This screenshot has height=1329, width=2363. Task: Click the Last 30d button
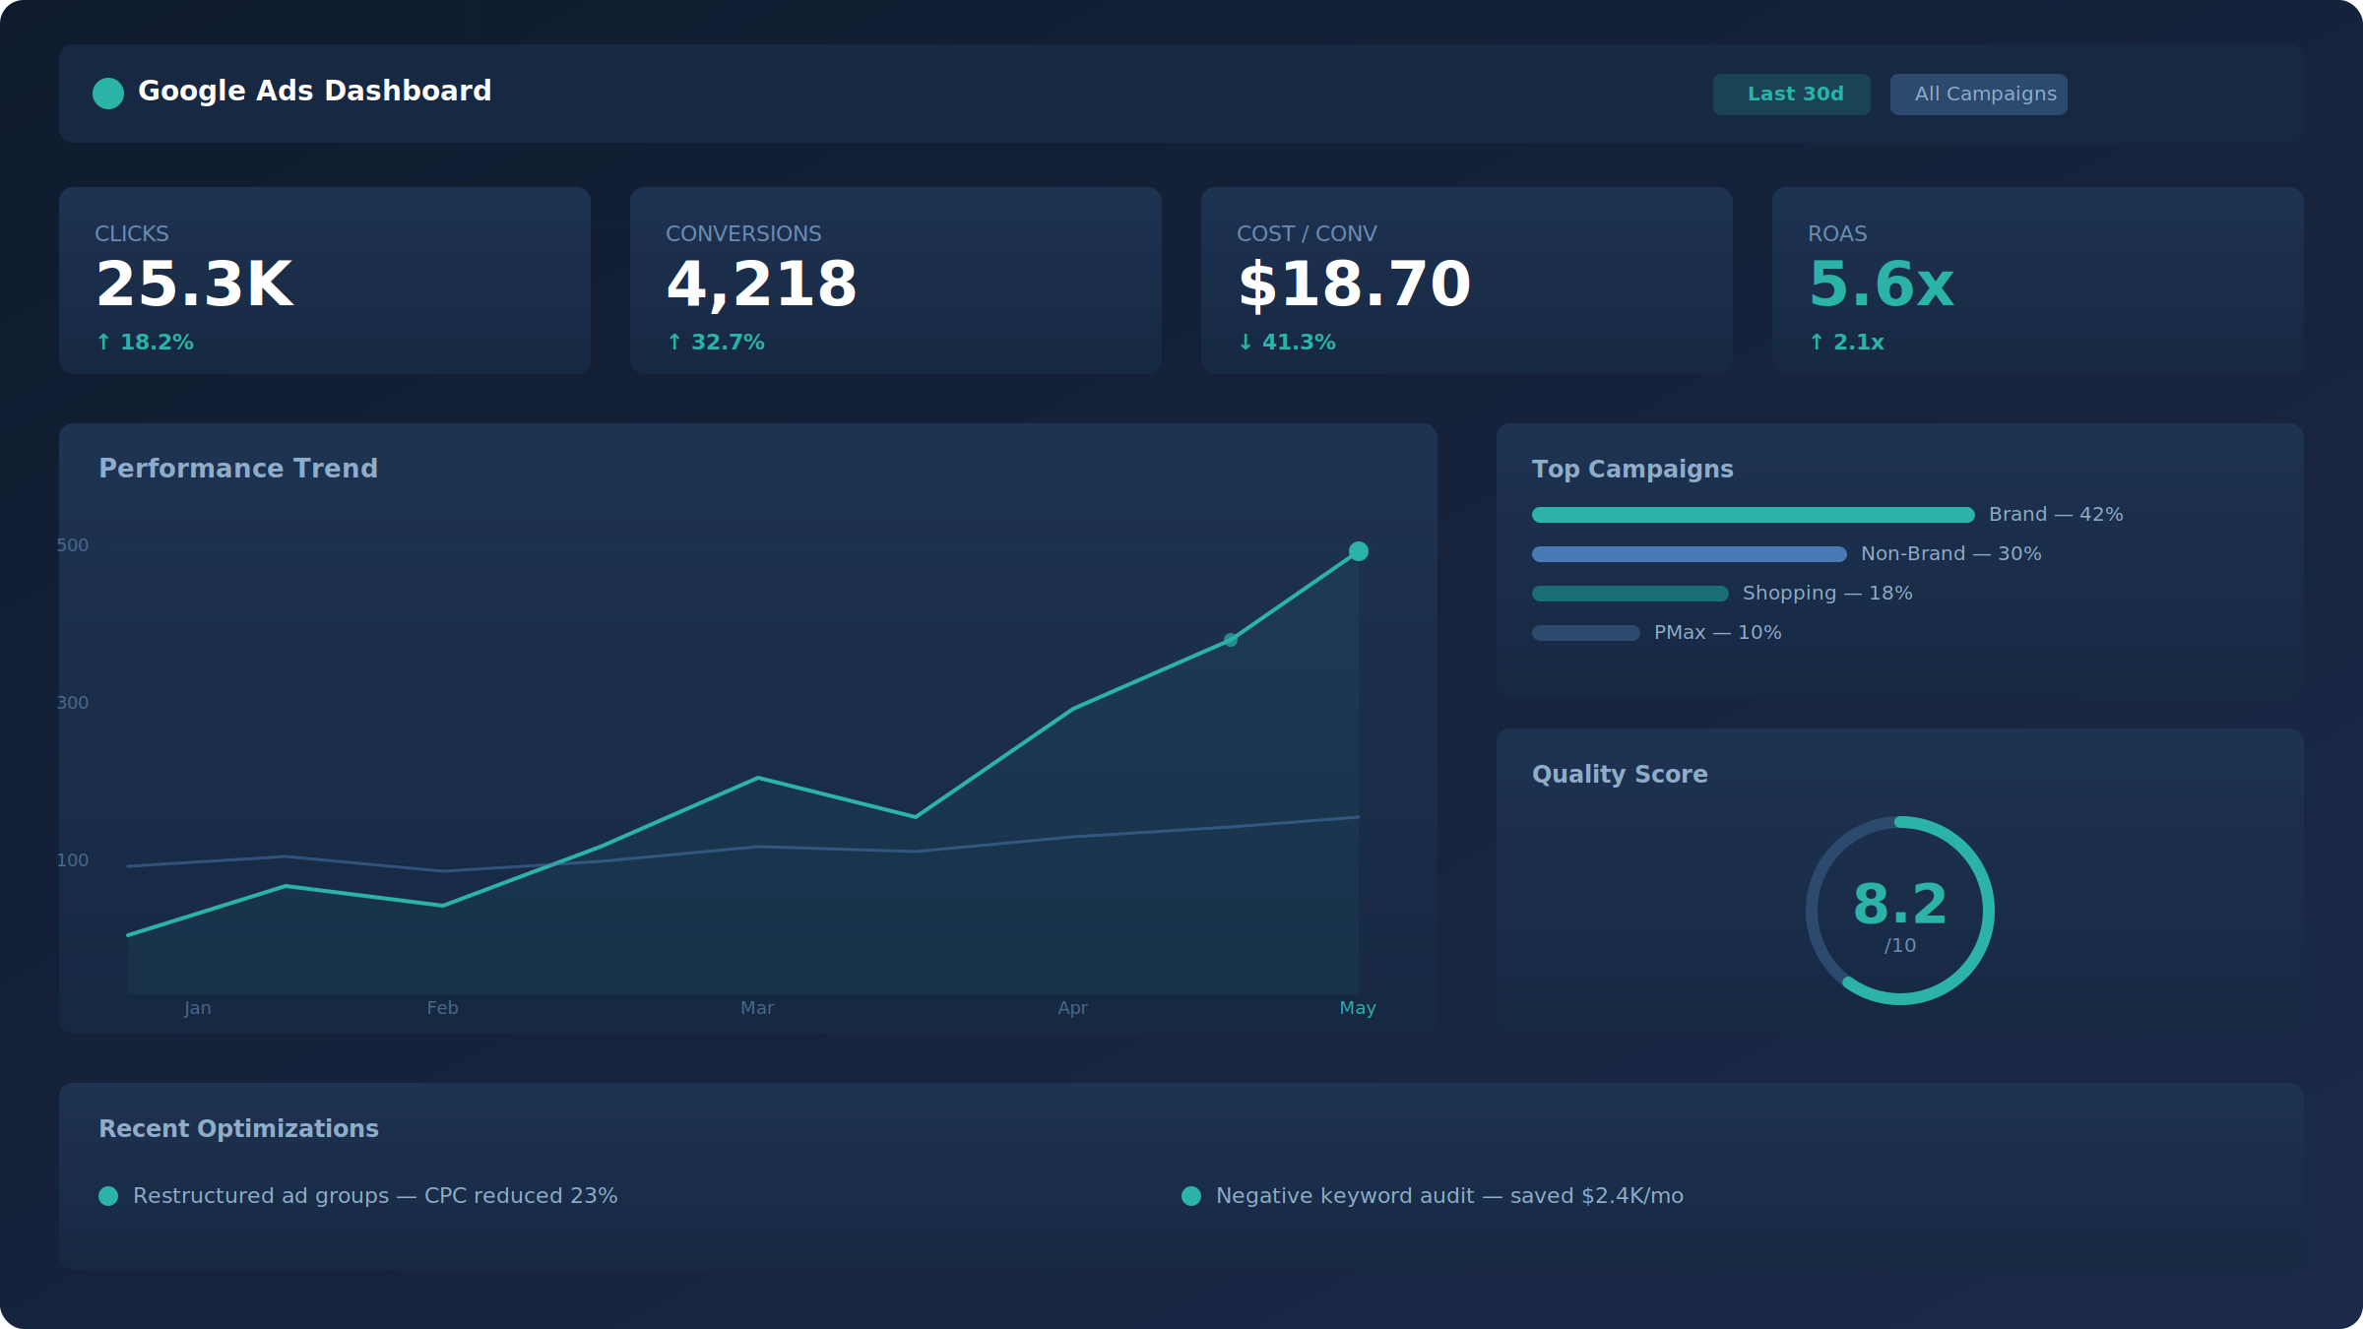1791,95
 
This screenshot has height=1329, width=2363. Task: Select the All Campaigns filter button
1978,95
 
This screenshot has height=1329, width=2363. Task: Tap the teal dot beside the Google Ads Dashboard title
108,94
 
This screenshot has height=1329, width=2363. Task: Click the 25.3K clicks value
194,285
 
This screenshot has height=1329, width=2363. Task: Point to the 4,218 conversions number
761,285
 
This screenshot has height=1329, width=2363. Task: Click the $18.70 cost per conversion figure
1354,285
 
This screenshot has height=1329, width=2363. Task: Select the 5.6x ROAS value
1881,285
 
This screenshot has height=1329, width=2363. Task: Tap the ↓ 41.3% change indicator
1287,343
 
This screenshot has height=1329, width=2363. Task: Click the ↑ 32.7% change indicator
716,343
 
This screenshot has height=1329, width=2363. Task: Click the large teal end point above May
1359,551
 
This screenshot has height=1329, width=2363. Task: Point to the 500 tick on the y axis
73,545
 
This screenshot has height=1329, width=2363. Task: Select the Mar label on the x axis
757,1008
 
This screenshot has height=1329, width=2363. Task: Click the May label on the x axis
1358,1008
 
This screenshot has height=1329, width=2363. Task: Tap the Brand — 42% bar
1753,515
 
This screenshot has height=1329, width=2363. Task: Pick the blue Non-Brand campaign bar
1689,554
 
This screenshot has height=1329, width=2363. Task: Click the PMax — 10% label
1717,633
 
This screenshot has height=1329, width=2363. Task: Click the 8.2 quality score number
1899,904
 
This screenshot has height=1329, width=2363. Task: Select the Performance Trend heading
238,469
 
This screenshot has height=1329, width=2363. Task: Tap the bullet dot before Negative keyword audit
1191,1196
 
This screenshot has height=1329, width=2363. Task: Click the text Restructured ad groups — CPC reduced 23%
375,1196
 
